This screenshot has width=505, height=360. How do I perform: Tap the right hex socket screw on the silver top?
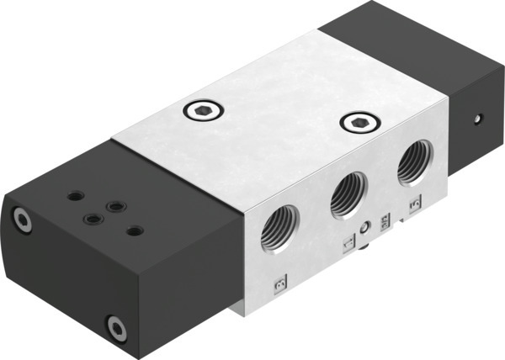357,124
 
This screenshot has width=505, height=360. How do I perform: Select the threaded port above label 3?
278,231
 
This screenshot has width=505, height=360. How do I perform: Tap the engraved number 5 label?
413,204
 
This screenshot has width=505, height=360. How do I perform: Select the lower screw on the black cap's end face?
114,326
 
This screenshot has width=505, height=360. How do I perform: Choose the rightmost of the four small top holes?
132,227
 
